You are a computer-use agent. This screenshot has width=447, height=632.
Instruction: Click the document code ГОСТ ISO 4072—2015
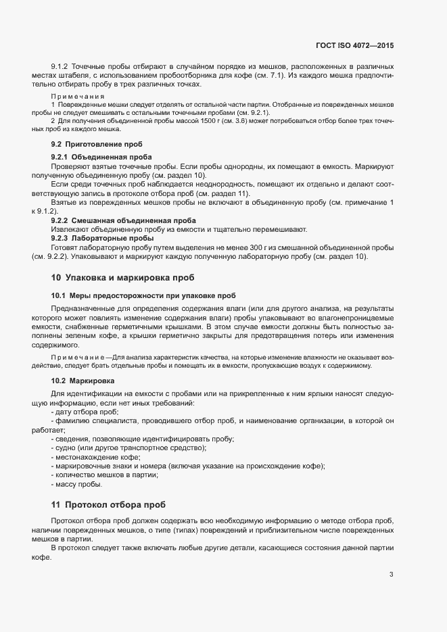click(x=354, y=45)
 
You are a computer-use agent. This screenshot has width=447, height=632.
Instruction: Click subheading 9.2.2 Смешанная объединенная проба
click(x=123, y=220)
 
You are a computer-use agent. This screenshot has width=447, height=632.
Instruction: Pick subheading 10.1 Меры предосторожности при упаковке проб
click(x=143, y=295)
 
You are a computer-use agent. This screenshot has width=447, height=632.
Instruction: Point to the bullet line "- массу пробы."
click(x=76, y=485)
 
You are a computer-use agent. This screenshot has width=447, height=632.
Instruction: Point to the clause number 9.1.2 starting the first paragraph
click(x=60, y=66)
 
